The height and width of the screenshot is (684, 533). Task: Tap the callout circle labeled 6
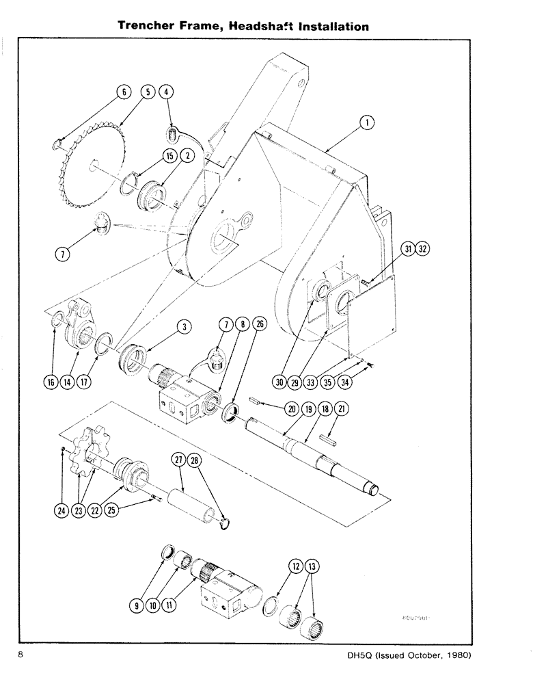point(123,93)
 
